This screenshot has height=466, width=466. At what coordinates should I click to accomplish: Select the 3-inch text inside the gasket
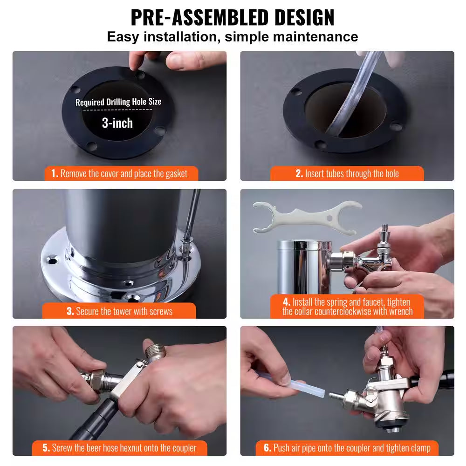click(x=117, y=123)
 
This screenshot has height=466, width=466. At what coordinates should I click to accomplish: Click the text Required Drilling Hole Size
click(x=118, y=102)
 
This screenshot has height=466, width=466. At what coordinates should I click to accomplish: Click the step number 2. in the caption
click(x=299, y=174)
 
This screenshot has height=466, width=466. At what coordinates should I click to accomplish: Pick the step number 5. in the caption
click(x=46, y=448)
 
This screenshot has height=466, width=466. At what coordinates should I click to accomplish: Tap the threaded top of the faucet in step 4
click(x=385, y=230)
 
